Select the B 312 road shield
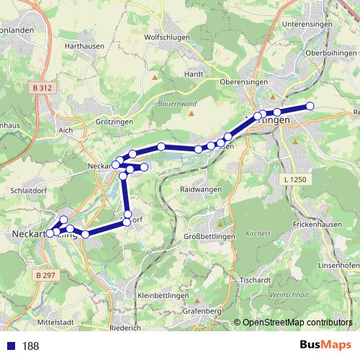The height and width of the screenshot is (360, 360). coord(42,88)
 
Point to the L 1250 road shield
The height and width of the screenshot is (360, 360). coord(294,178)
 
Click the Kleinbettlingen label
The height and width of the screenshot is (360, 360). coord(162,296)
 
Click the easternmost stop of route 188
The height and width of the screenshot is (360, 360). coord(310,106)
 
